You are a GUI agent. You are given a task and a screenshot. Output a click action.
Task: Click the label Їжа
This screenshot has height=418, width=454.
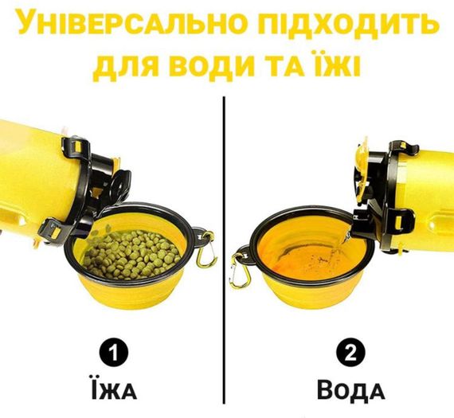(113, 389)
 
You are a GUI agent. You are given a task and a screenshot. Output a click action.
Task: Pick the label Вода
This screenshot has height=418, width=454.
(350, 390)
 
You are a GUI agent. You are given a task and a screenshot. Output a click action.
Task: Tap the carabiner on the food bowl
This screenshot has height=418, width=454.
(206, 249)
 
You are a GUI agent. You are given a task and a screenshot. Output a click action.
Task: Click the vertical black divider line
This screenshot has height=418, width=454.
(224, 249)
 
